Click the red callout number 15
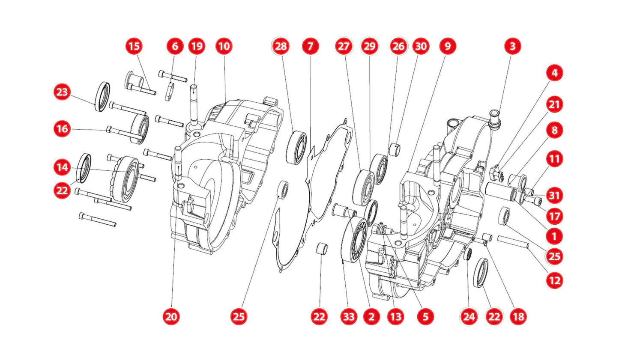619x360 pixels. (134, 46)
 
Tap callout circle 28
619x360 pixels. (281, 46)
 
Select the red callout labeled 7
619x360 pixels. (310, 46)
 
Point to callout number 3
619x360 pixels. (512, 46)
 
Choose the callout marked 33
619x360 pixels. (348, 316)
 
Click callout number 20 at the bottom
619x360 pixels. (171, 316)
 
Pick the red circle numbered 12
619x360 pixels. (554, 280)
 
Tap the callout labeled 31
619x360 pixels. (554, 195)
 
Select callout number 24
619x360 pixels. (469, 316)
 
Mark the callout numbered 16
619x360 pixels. (62, 129)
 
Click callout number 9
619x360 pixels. (447, 46)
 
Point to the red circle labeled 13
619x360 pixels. (395, 316)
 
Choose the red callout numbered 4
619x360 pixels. (554, 73)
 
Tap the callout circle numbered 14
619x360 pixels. (62, 167)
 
